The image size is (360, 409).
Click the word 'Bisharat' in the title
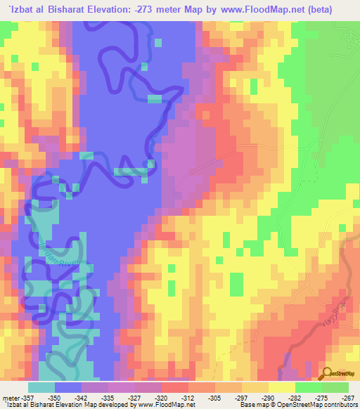point(73,8)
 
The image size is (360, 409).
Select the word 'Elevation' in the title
point(123,8)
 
